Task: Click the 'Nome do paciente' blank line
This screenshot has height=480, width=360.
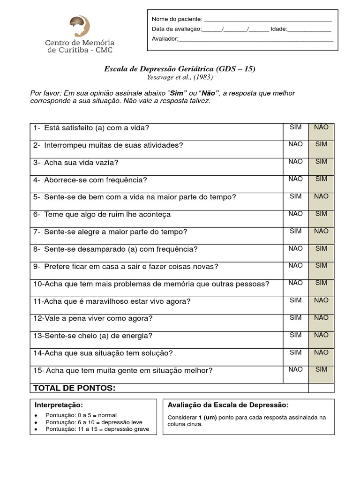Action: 268,20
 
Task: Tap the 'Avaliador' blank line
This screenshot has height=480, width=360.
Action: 256,40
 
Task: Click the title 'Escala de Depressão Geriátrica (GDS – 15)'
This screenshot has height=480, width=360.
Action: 180,69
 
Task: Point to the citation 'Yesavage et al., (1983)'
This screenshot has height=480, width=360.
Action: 180,77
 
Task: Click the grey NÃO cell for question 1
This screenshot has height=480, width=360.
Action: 321,132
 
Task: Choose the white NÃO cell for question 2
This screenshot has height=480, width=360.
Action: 295,149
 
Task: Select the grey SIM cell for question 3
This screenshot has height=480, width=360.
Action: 321,166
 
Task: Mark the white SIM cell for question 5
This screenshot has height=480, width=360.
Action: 295,201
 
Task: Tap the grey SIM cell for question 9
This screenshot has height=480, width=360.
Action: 321,270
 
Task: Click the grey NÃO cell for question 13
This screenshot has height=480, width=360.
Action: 321,340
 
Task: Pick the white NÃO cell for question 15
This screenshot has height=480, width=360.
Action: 295,375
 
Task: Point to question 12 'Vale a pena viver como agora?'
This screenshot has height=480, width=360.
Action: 93,319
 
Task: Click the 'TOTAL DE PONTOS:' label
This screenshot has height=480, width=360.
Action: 74,388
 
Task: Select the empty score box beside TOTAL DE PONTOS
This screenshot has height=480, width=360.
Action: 321,388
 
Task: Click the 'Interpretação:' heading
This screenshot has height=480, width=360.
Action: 59,405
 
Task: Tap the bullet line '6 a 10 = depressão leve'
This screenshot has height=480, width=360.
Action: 97,422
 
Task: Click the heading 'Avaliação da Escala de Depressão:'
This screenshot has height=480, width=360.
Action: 228,405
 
